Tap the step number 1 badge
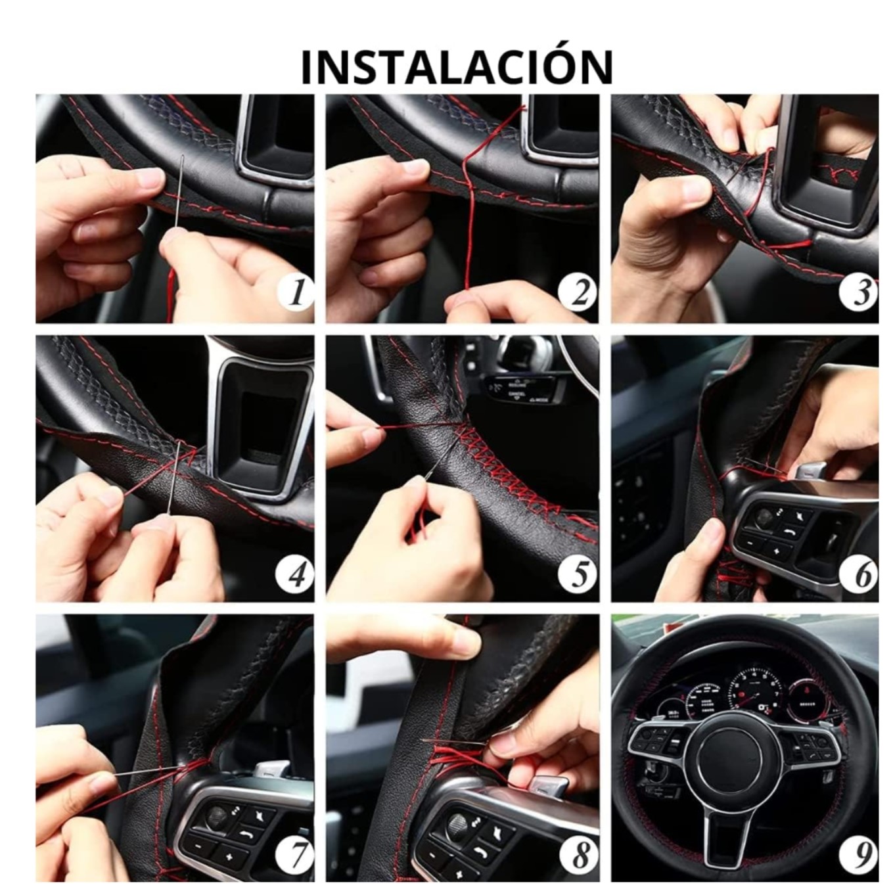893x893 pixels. click(x=295, y=293)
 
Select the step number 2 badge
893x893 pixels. click(x=578, y=293)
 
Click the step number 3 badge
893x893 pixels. click(x=859, y=293)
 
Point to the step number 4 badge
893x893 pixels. click(x=295, y=574)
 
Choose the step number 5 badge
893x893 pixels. click(x=578, y=574)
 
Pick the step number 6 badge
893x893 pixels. click(x=859, y=574)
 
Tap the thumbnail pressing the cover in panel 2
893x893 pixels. click(x=414, y=167)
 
